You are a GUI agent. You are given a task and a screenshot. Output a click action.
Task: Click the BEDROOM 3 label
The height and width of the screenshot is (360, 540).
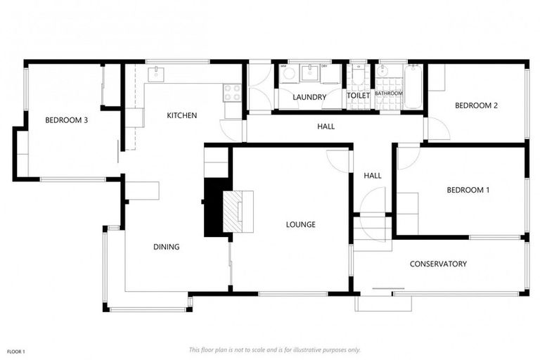[x=66, y=120]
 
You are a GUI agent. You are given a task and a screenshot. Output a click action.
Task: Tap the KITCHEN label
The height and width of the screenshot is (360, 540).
[x=181, y=115]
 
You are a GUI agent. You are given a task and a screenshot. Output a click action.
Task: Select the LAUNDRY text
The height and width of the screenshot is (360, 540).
[x=309, y=97]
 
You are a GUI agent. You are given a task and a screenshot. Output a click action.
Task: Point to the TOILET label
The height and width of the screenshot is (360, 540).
[x=358, y=96]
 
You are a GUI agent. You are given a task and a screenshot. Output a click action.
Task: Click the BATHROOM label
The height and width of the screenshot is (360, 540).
[x=388, y=94]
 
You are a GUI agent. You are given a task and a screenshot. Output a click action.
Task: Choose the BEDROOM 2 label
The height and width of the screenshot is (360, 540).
[x=476, y=106]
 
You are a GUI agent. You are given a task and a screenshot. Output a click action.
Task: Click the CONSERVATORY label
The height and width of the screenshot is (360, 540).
[x=438, y=264]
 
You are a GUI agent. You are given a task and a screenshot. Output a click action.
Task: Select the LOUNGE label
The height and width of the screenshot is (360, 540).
[x=300, y=225]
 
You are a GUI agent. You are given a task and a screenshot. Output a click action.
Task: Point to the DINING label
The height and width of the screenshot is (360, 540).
[x=166, y=247]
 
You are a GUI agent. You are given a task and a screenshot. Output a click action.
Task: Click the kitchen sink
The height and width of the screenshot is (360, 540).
[x=155, y=73]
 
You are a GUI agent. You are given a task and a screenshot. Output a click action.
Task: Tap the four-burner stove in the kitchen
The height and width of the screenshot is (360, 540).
[x=232, y=91]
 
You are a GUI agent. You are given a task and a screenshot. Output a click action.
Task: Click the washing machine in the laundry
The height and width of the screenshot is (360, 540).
[x=289, y=73]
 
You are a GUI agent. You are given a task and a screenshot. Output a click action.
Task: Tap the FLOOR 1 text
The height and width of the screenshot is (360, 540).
[x=16, y=351]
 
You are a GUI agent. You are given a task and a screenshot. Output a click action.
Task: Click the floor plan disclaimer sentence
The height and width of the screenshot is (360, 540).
[x=274, y=349]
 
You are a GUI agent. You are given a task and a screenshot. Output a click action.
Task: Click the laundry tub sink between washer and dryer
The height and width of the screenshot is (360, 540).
[x=310, y=73]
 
